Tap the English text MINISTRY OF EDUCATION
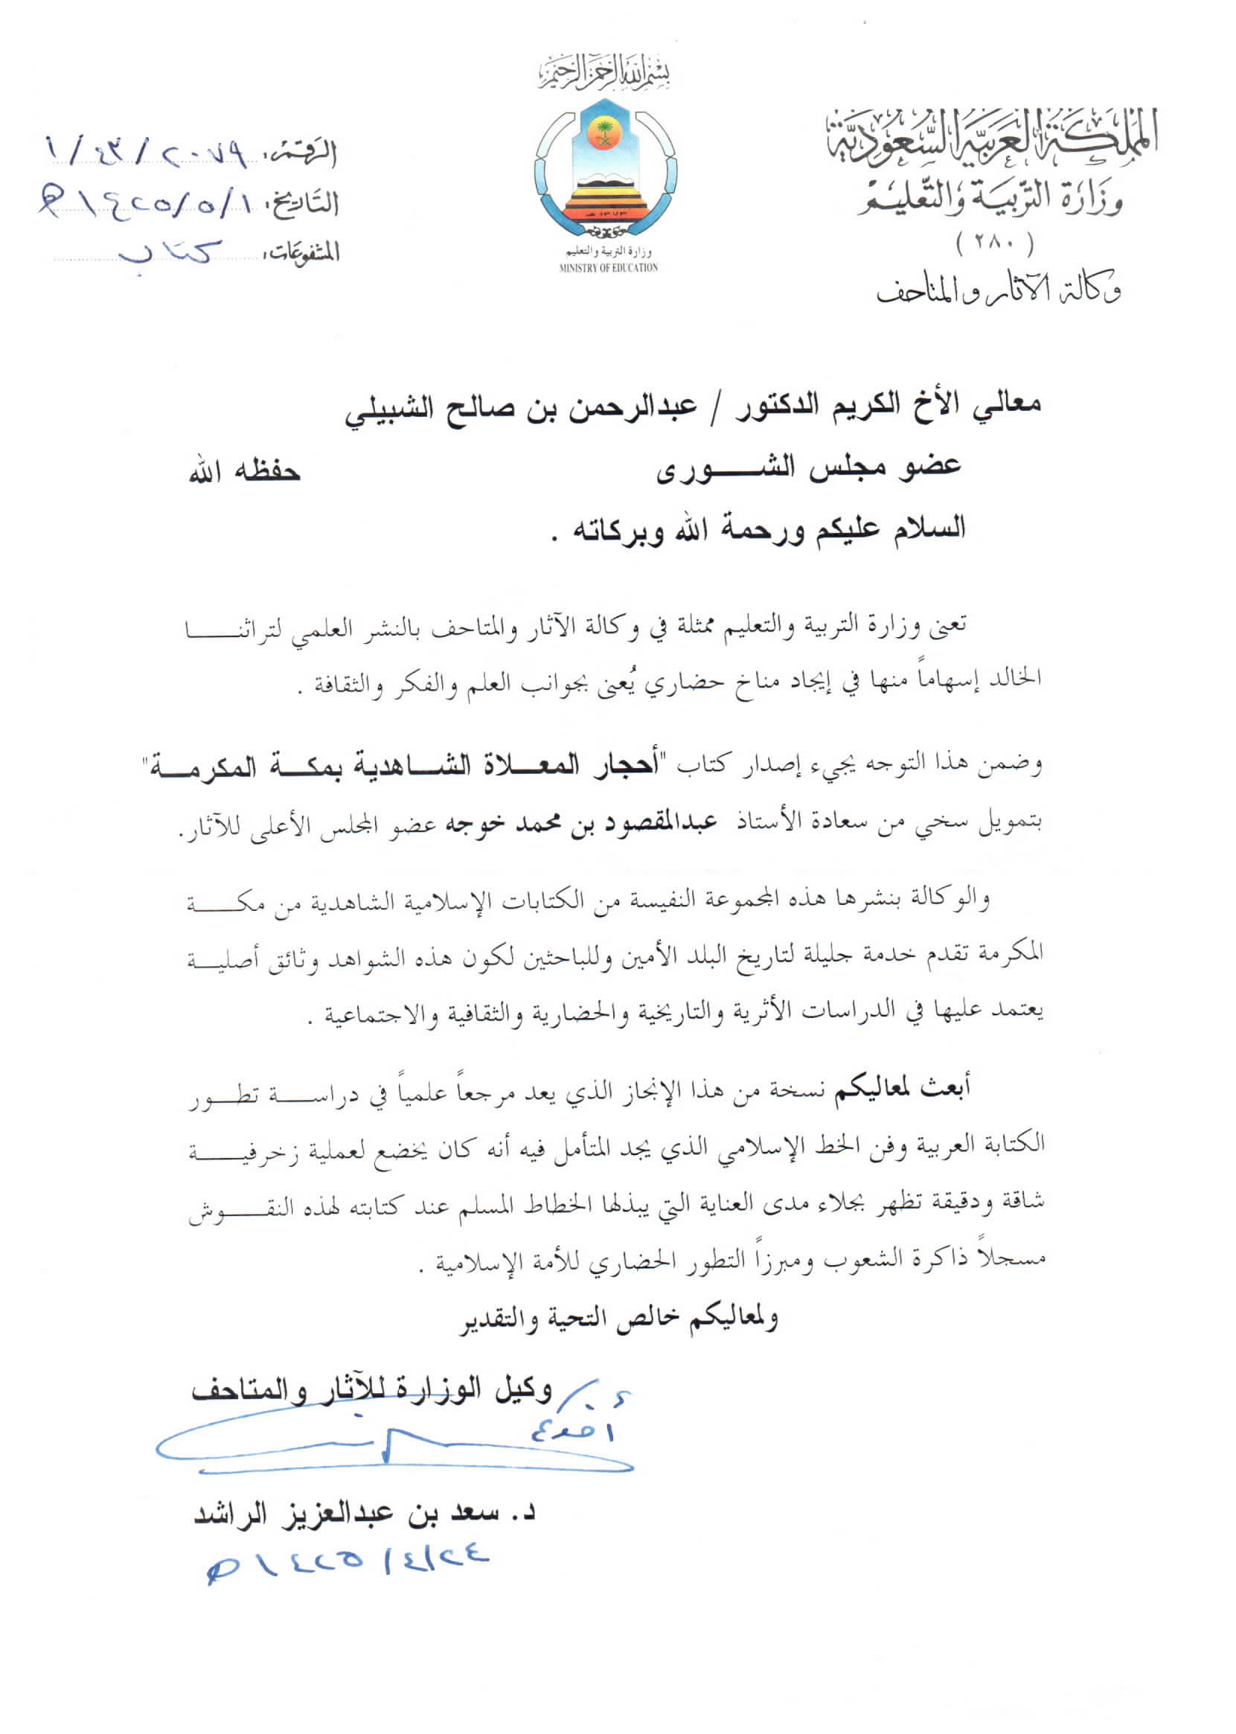(608, 268)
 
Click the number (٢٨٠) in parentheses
(995, 243)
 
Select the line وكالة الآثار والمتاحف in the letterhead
(999, 291)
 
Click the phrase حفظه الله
(245, 472)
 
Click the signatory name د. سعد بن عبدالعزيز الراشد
(365, 1513)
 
